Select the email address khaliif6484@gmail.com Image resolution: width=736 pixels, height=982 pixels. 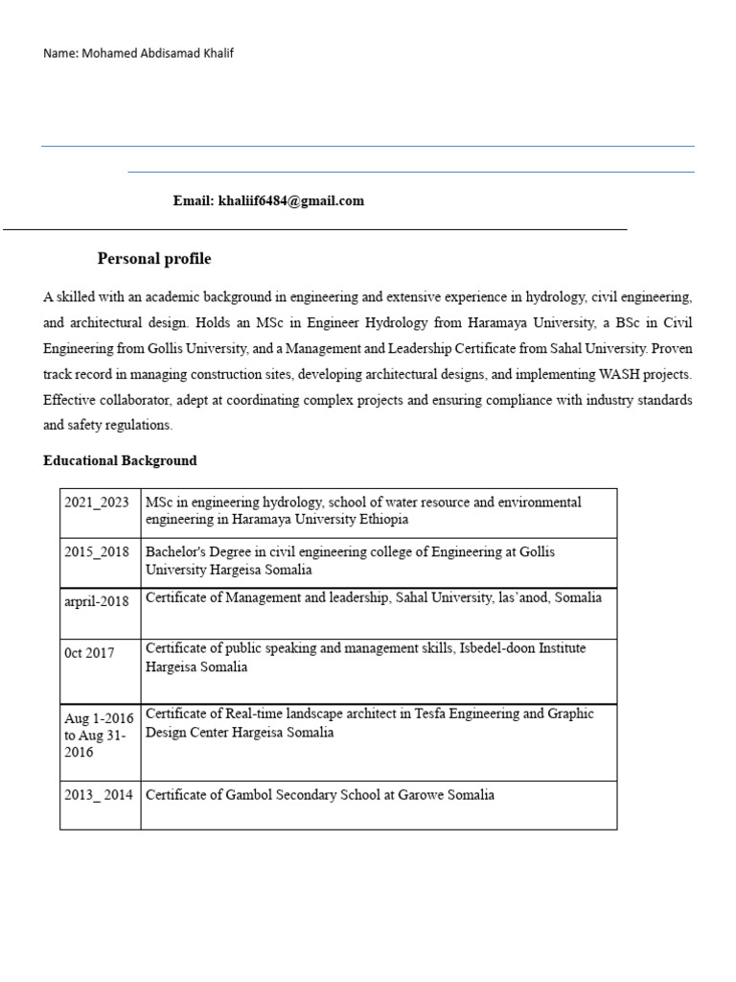[291, 201]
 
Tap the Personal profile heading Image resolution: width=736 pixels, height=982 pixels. [154, 259]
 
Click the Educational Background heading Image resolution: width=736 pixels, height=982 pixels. [120, 460]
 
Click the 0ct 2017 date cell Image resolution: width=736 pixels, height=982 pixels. [89, 653]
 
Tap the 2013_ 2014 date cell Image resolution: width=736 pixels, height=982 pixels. [99, 795]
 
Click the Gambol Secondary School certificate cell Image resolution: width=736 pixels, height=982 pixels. [320, 795]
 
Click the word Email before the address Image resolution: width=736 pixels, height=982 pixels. [192, 201]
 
